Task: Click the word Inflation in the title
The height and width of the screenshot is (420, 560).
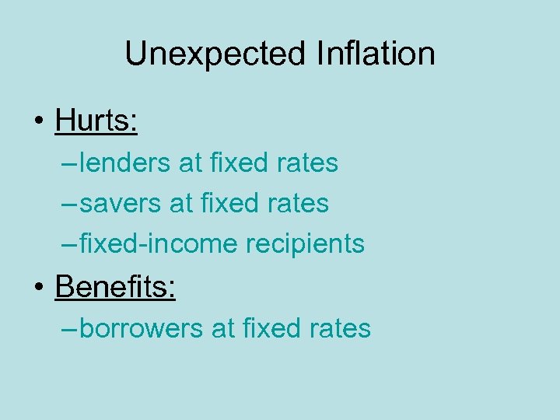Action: [x=376, y=54]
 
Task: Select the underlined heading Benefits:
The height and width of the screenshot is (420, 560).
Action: [x=115, y=287]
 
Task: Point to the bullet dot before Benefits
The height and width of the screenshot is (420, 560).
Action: [x=37, y=289]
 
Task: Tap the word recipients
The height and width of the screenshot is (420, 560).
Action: [x=305, y=244]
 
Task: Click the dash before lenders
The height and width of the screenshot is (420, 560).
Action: [x=68, y=164]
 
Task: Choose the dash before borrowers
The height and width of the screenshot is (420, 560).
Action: [x=68, y=329]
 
